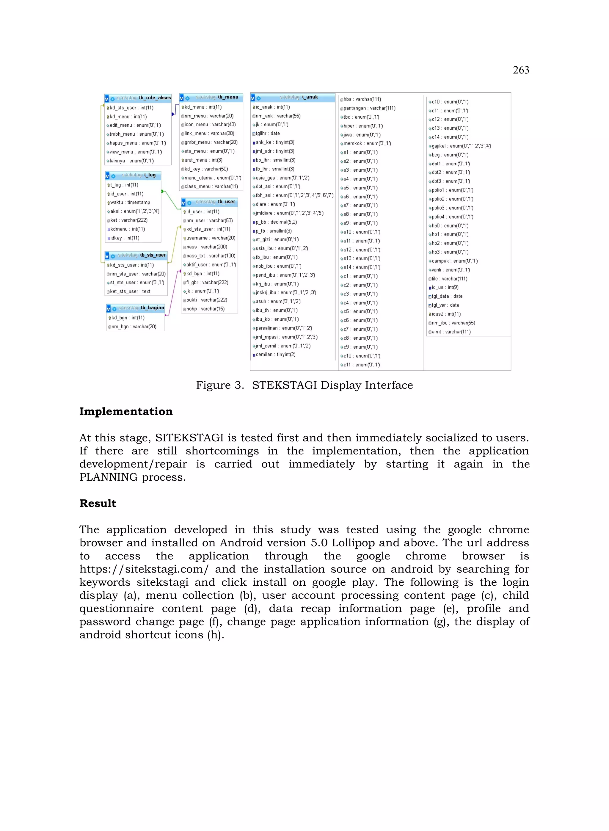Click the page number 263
click(520, 70)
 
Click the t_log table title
click(139, 175)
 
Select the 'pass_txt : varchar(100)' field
click(211, 256)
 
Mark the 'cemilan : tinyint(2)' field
click(275, 355)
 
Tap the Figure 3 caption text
click(304, 385)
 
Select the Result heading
click(98, 503)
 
